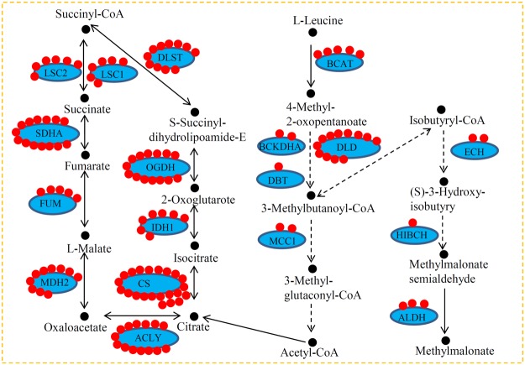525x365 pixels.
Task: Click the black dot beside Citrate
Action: [x=194, y=316]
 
